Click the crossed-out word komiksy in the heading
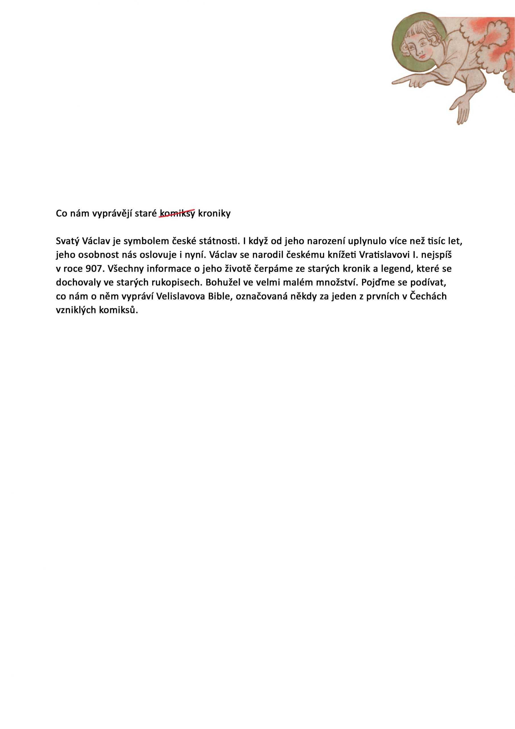pos(177,214)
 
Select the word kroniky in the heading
pos(214,214)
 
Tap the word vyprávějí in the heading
pos(112,214)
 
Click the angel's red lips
pos(422,56)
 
